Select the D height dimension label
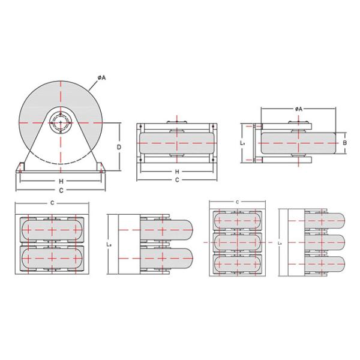119,146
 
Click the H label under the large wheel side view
61,181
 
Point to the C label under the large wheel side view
61,190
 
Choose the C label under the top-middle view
177,180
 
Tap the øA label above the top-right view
298,109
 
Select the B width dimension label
345,143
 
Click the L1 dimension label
241,144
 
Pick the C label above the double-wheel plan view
53,203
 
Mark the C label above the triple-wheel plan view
238,202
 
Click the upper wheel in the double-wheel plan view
52,230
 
